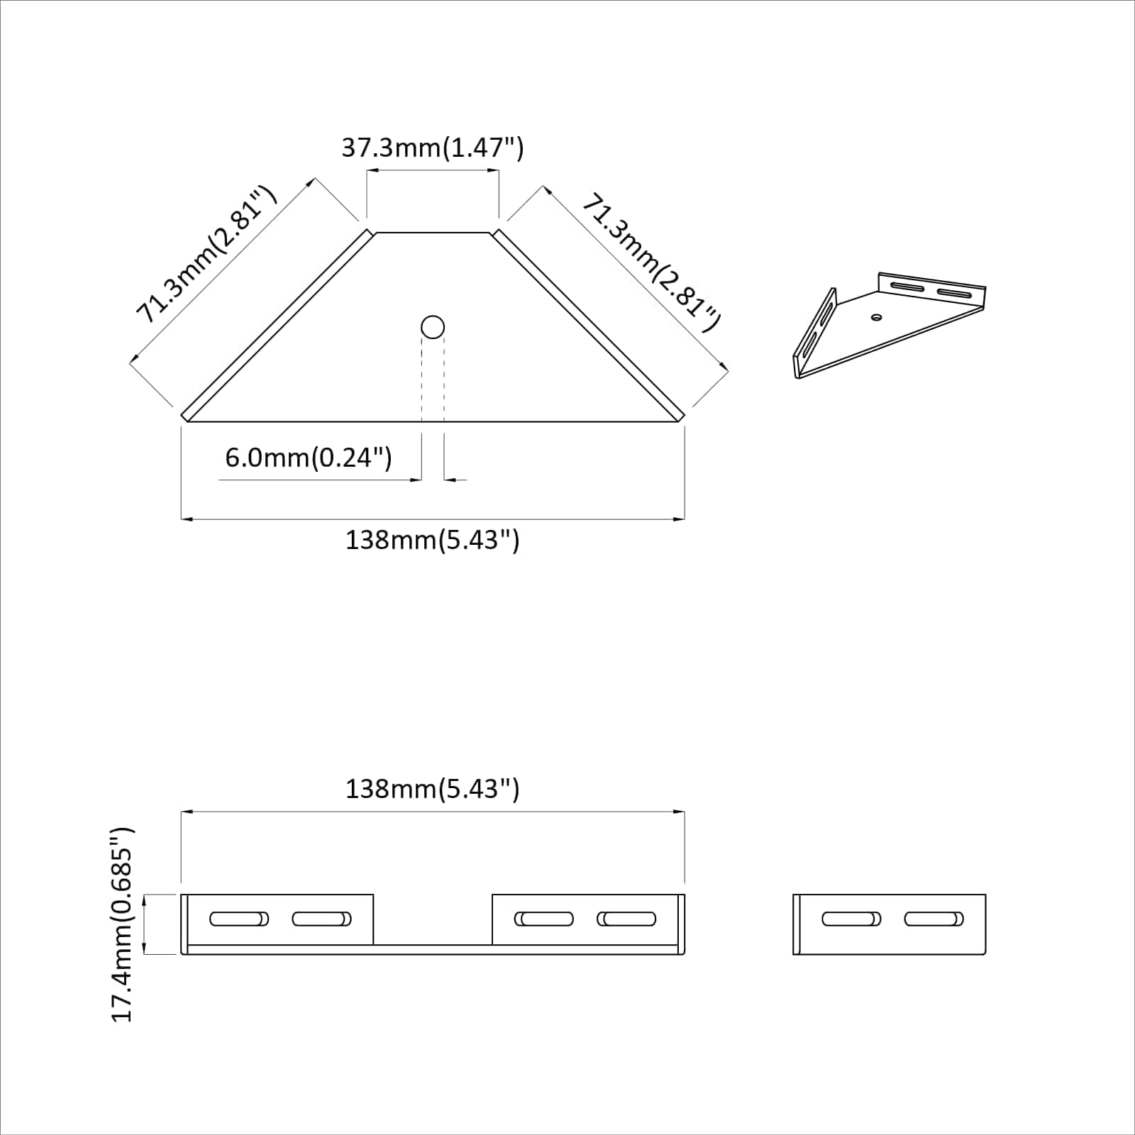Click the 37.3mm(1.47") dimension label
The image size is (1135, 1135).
(432, 148)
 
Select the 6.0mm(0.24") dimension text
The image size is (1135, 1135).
(308, 458)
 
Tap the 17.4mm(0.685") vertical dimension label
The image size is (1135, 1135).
(123, 924)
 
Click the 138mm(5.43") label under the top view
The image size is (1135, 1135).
(432, 541)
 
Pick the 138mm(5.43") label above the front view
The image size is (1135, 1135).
(432, 789)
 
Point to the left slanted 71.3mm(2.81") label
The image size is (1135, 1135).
(205, 254)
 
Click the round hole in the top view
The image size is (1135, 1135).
(433, 328)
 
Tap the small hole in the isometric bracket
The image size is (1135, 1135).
(877, 317)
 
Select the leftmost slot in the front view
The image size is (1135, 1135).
(239, 919)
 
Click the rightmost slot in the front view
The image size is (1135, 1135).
(626, 919)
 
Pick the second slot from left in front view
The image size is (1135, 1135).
(321, 919)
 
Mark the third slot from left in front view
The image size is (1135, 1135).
(544, 919)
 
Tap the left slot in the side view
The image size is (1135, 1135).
(851, 919)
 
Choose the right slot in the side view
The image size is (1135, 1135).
(934, 919)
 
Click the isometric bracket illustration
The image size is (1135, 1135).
(889, 325)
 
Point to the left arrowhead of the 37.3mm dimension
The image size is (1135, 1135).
(371, 170)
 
